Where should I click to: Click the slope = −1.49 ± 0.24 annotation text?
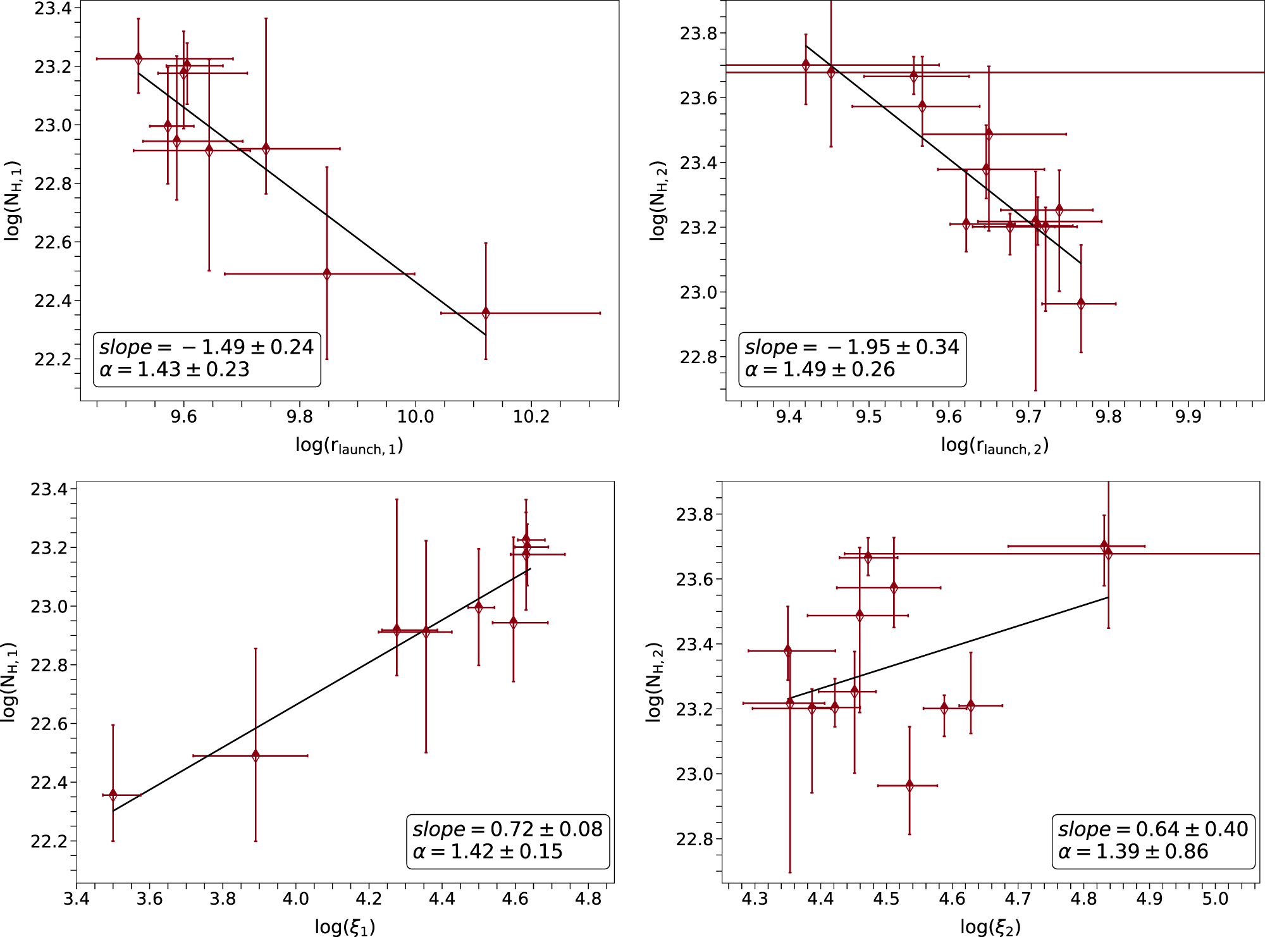206,347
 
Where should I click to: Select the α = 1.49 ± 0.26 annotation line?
820,369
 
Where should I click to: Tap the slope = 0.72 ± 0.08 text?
507,829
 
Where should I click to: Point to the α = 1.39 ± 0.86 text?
1133,852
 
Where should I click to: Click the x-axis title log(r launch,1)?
349,446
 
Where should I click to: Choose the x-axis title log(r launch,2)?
994,446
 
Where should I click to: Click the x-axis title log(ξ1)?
345,927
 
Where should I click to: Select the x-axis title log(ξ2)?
990,927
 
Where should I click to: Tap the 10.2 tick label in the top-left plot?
531,417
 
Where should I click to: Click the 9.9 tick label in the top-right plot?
1188,417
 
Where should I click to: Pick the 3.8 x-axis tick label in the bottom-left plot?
223,898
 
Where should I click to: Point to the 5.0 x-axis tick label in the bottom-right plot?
1215,898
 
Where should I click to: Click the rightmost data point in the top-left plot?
486,313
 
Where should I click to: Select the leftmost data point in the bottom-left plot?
113,795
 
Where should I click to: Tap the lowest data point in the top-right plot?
1081,304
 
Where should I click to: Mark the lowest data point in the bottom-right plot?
910,786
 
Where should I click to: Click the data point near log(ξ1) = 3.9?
256,755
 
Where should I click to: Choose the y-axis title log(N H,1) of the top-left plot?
13,201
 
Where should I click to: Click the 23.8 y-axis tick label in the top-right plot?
698,34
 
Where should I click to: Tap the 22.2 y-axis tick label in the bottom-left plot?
49,841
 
